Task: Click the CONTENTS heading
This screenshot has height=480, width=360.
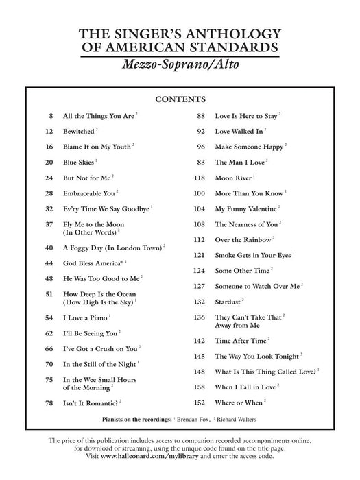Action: tap(180, 99)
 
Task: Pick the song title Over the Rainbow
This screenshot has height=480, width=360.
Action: tap(243, 239)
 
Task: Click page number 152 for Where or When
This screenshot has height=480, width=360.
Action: tap(200, 403)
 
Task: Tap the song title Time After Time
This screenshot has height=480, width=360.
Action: tap(240, 341)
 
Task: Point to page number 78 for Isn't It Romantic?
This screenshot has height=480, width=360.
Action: tap(49, 403)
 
